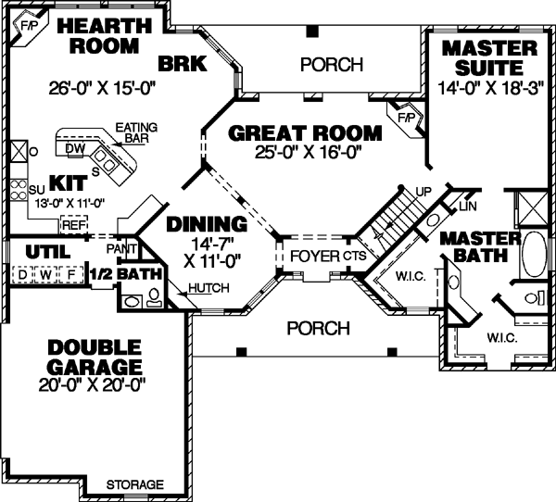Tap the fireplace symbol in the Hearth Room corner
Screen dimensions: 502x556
tap(25, 27)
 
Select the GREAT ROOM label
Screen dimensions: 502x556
tap(305, 132)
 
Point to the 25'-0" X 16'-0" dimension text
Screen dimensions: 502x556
tap(305, 151)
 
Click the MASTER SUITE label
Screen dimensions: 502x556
tap(488, 57)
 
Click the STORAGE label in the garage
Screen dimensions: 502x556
tap(135, 484)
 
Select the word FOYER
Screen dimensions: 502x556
tap(314, 255)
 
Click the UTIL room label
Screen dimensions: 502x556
tap(43, 250)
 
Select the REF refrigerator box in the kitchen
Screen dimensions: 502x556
tap(73, 223)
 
